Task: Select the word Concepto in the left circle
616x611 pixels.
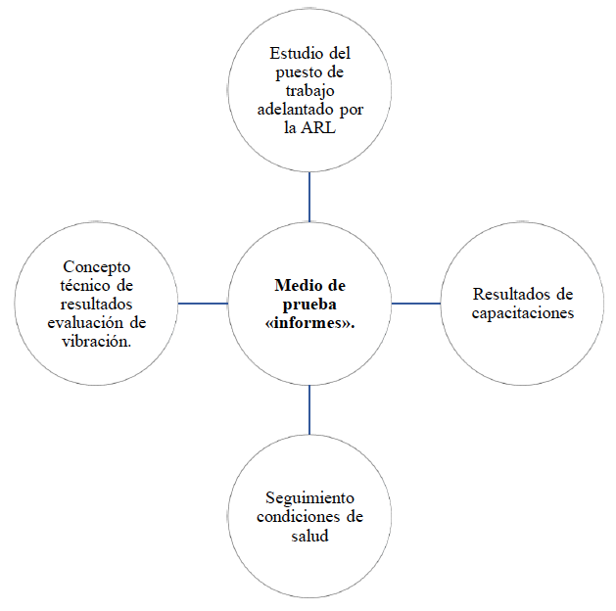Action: (x=97, y=266)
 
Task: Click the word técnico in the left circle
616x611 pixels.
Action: (x=81, y=285)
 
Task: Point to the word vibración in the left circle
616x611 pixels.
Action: (x=96, y=342)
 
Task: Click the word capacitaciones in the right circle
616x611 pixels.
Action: (x=521, y=312)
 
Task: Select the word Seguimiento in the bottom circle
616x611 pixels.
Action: (x=309, y=498)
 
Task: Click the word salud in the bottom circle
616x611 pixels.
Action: (x=309, y=536)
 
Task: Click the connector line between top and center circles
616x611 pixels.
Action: (x=309, y=197)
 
